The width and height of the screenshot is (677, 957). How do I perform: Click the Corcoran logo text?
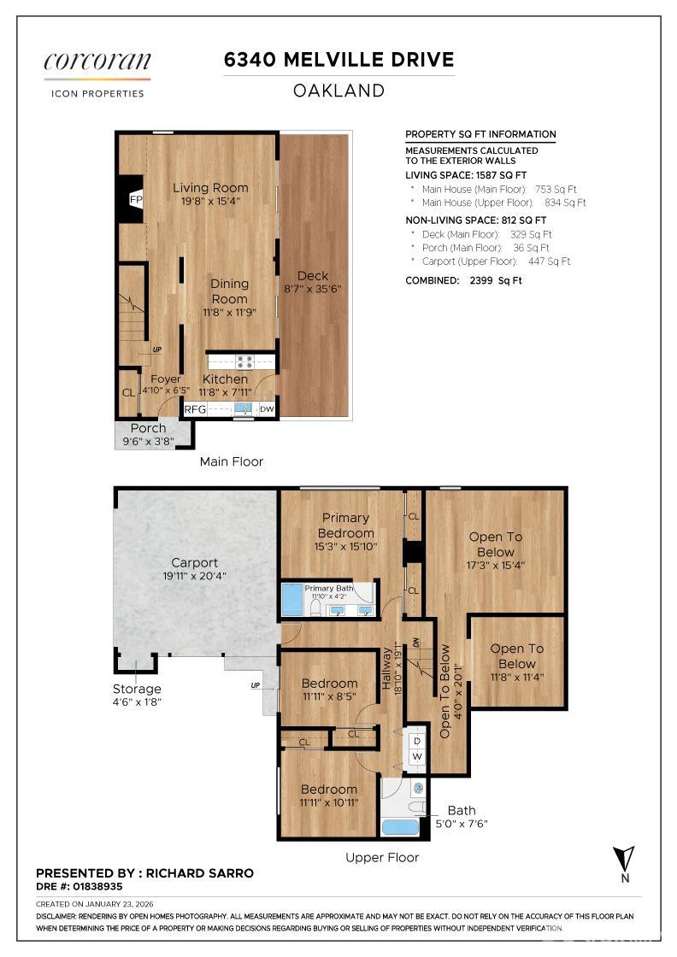tap(97, 62)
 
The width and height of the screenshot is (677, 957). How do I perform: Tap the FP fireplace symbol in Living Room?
tap(134, 199)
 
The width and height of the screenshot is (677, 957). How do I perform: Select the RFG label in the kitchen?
tap(196, 409)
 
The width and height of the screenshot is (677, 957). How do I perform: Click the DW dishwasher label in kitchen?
tap(267, 409)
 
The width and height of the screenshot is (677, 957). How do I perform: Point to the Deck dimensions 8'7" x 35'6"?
tap(313, 289)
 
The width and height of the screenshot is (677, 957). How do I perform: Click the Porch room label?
tap(148, 428)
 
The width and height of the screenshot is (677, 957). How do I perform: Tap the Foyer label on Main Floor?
tap(165, 379)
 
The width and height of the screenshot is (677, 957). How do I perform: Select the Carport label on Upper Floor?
tap(194, 563)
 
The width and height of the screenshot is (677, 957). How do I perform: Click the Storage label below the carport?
tap(137, 689)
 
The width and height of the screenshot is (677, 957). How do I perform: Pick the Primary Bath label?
tap(329, 589)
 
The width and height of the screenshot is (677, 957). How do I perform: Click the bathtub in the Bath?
tap(399, 827)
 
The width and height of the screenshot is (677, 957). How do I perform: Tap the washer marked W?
tap(417, 757)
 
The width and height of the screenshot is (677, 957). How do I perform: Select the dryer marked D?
tap(417, 741)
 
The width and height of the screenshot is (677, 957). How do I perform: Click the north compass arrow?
tap(625, 857)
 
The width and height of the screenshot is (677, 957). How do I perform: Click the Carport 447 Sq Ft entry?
tap(496, 261)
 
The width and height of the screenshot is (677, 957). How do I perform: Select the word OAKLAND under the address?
tap(338, 91)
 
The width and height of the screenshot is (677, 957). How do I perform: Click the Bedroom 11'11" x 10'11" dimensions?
tap(328, 803)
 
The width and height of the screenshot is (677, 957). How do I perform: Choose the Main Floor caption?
tap(231, 461)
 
